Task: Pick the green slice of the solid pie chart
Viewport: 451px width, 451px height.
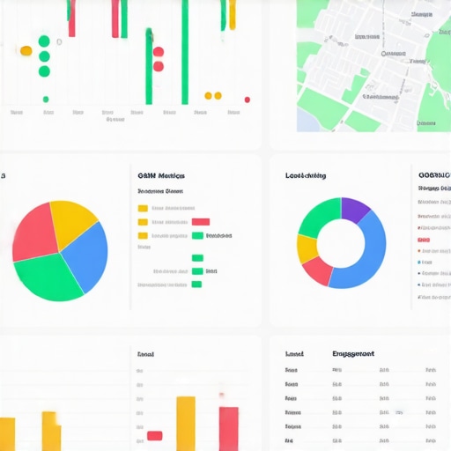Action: pos(48,277)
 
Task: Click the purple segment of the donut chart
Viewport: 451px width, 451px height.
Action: pos(354,210)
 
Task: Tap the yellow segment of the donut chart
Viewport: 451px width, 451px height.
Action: pos(307,249)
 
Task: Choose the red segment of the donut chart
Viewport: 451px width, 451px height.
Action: pos(317,271)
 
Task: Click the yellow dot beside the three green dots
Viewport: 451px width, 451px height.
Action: pos(26,51)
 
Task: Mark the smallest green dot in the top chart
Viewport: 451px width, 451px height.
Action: pos(46,100)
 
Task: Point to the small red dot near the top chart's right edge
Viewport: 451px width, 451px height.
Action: pos(248,100)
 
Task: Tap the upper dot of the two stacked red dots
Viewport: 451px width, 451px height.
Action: pos(159,52)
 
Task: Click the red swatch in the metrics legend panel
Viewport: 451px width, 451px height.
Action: pos(201,222)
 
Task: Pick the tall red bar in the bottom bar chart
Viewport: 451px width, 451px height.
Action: pos(229,428)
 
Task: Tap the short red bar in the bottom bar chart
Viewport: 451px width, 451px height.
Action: pos(155,435)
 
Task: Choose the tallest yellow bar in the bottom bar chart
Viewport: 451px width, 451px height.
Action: pos(186,424)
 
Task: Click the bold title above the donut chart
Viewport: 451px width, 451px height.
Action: pos(306,175)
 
